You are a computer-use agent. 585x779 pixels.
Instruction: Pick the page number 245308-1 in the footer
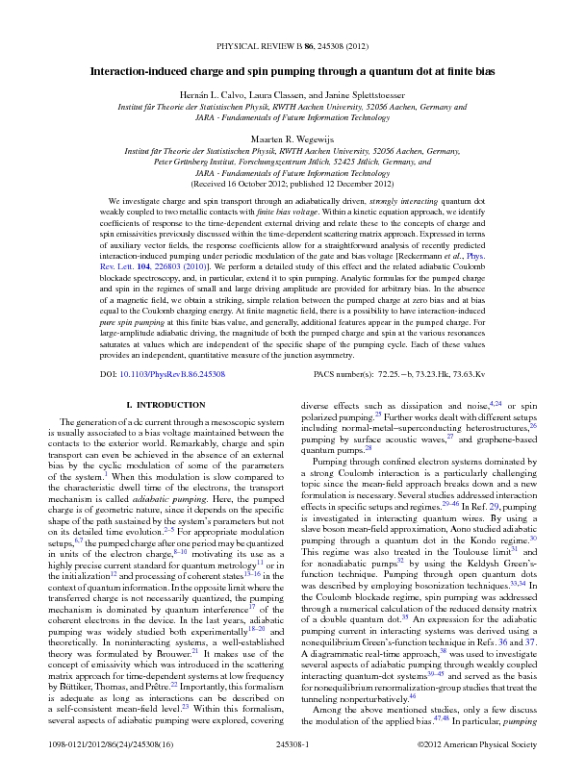[292, 743]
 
